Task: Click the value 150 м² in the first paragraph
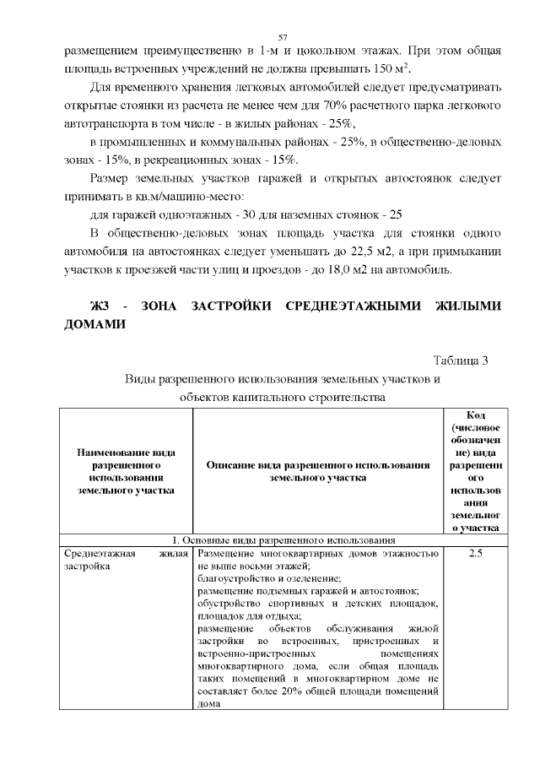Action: coord(393,68)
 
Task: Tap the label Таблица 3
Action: coord(461,361)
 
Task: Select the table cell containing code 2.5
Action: coord(474,554)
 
